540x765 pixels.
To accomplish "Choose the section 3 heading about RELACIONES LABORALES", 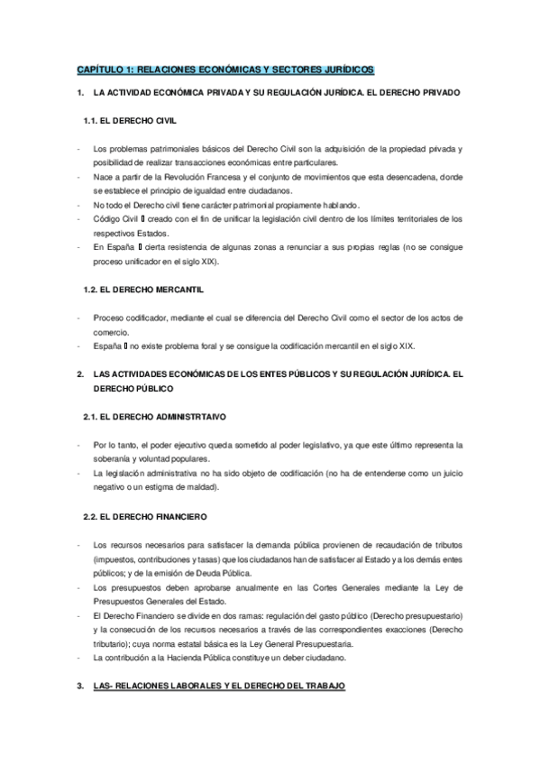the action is click(x=218, y=687).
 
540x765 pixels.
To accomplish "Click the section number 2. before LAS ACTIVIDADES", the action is click(x=80, y=374).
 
